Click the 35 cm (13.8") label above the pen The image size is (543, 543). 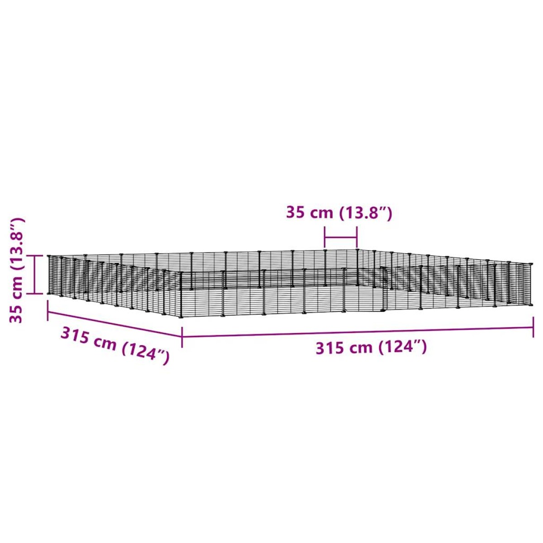pyautogui.click(x=339, y=213)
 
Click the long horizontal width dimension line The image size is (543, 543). pyautogui.click(x=357, y=332)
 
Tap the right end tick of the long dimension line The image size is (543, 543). pyautogui.click(x=533, y=327)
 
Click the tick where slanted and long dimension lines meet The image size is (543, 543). pyautogui.click(x=182, y=337)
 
